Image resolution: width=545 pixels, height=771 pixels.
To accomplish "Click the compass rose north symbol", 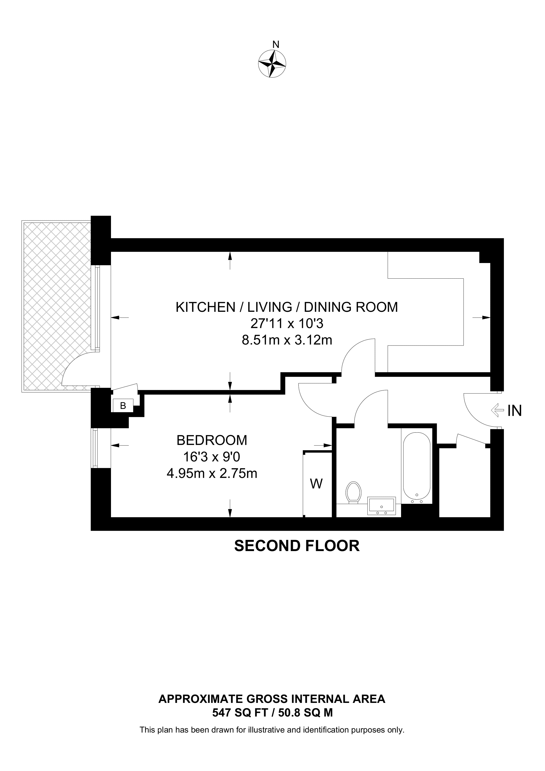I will (x=272, y=63).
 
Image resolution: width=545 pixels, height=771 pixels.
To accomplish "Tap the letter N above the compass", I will (x=276, y=44).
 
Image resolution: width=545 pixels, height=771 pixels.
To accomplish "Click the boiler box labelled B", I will (x=123, y=406).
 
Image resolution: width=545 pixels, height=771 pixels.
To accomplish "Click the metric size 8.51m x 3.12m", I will (x=287, y=340).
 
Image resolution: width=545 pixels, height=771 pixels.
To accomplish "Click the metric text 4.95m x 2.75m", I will (x=212, y=474).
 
